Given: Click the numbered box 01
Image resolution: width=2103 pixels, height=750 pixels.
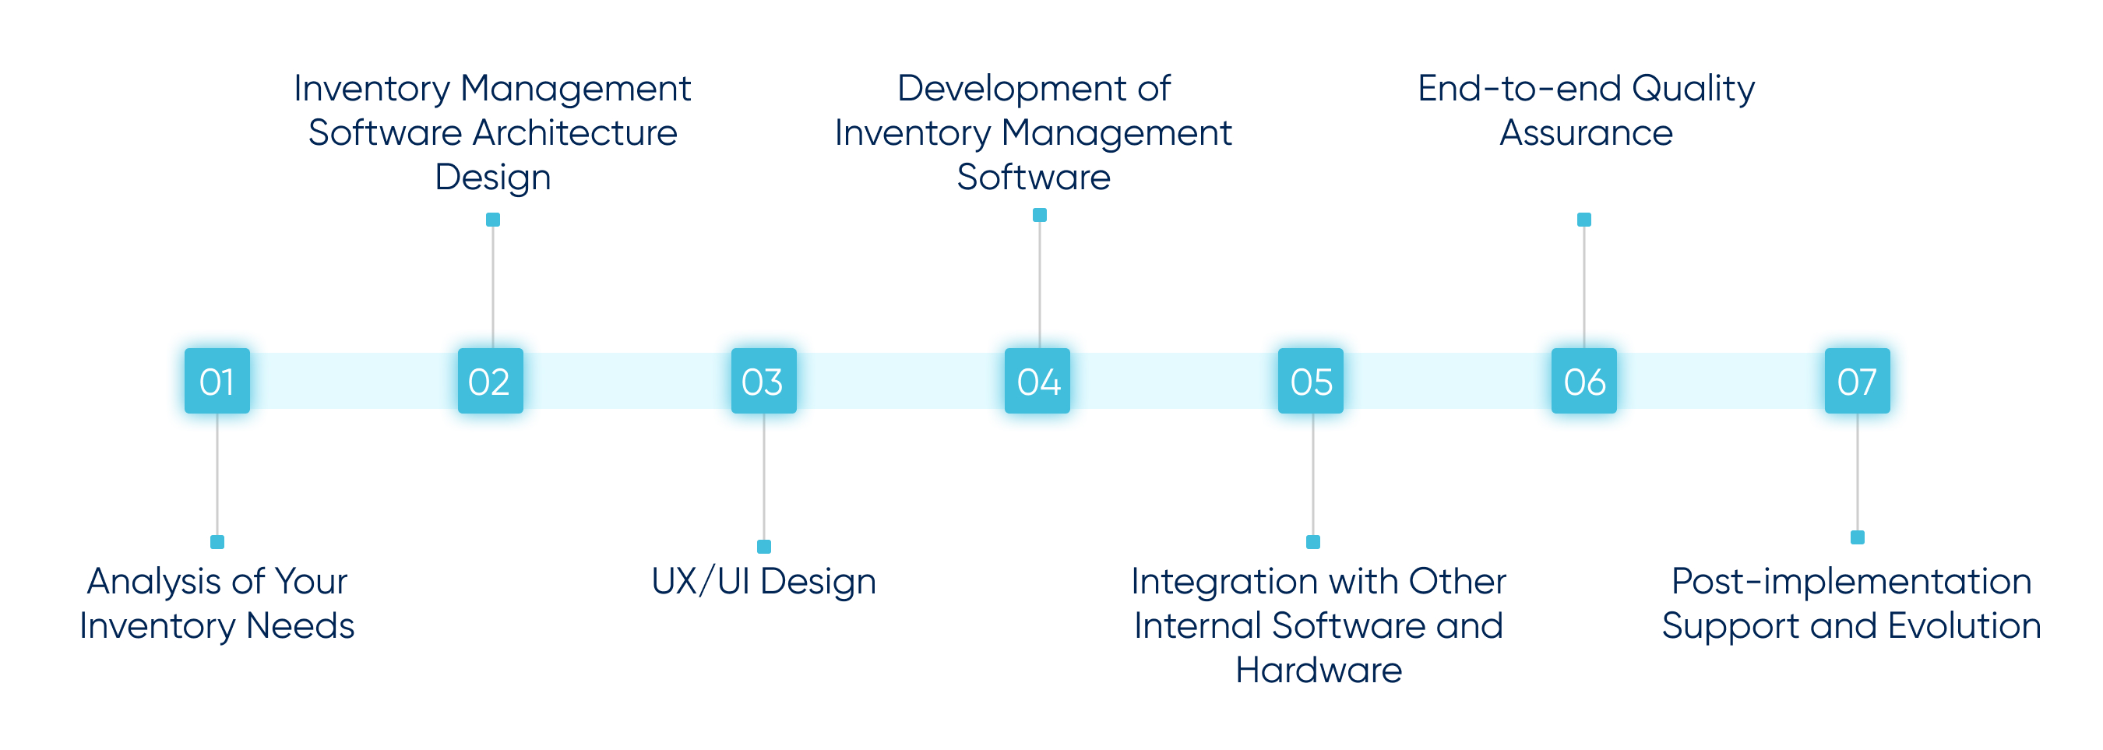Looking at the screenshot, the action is (x=217, y=381).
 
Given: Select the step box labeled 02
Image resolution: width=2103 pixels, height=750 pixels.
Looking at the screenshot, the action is (x=491, y=381).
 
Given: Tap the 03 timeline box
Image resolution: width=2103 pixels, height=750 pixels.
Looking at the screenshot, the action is (x=764, y=381).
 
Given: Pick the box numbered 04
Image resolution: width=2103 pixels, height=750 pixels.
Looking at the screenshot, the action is (x=1037, y=381).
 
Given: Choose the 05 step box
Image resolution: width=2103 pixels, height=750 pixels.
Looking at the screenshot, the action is (x=1311, y=381).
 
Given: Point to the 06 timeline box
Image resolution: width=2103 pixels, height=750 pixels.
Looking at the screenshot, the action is (x=1584, y=381).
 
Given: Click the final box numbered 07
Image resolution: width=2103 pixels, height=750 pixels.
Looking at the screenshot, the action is (x=1858, y=381).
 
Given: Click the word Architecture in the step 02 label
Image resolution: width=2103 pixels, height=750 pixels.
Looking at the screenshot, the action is (x=576, y=132).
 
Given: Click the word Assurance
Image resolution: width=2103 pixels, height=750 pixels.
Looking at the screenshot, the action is (x=1587, y=133).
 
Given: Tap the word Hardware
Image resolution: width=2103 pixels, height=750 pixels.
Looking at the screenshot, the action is (x=1319, y=670).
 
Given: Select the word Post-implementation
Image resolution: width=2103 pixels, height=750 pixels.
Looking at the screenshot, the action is (x=1851, y=582).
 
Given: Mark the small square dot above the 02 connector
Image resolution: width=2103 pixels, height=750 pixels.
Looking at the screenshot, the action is (x=493, y=220).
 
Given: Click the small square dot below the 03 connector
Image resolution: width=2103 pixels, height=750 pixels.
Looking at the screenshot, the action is (x=764, y=547).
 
